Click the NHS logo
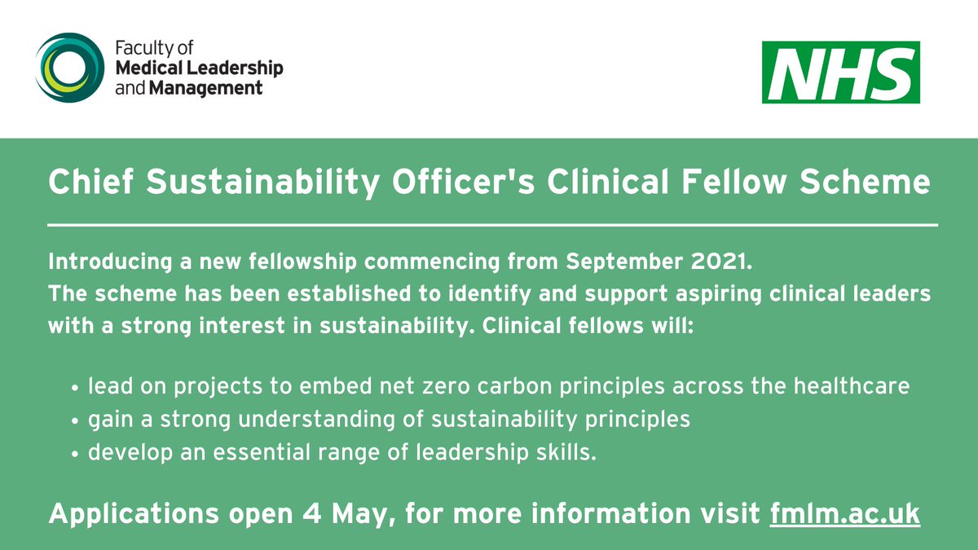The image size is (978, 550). click(x=840, y=73)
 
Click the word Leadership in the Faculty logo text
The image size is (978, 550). click(x=236, y=68)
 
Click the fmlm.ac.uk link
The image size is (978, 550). click(x=845, y=514)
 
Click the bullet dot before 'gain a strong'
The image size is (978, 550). click(x=76, y=421)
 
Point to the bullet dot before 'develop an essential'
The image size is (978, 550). click(x=76, y=455)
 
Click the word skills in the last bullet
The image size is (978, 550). click(x=564, y=453)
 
